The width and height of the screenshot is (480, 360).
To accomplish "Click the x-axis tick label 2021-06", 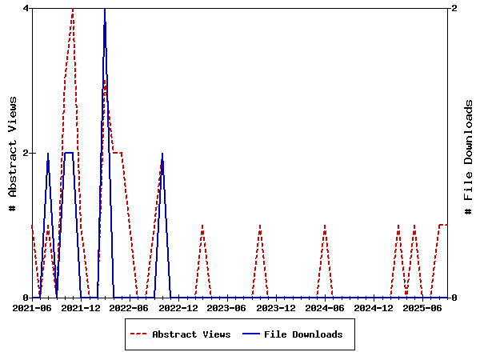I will (33, 308).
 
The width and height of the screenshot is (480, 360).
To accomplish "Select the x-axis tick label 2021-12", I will (81, 308).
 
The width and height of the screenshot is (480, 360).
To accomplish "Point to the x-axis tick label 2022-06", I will (130, 308).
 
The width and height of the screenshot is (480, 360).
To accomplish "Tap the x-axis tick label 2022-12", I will (178, 308).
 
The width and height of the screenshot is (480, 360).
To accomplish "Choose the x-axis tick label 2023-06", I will (227, 308).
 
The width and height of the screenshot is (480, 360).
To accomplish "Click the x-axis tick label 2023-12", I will (276, 308).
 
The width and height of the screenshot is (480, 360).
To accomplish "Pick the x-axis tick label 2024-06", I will (325, 308).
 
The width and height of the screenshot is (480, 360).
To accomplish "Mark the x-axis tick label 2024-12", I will (374, 308).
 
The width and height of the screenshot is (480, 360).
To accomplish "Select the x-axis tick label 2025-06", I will (422, 308).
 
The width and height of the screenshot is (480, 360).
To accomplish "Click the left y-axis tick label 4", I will (26, 8).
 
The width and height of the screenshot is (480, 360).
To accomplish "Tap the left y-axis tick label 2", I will (26, 153).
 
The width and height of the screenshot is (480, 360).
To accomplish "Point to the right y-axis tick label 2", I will (454, 8).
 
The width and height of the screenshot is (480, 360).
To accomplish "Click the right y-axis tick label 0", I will (454, 298).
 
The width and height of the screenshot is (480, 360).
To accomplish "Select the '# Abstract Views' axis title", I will (12, 152).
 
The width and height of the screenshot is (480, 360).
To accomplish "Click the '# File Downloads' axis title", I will (469, 152).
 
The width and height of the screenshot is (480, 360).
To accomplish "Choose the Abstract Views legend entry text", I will (191, 334).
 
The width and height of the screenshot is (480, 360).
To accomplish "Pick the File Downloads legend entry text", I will (303, 334).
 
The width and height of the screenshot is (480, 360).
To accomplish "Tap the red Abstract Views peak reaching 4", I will (73, 9).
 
